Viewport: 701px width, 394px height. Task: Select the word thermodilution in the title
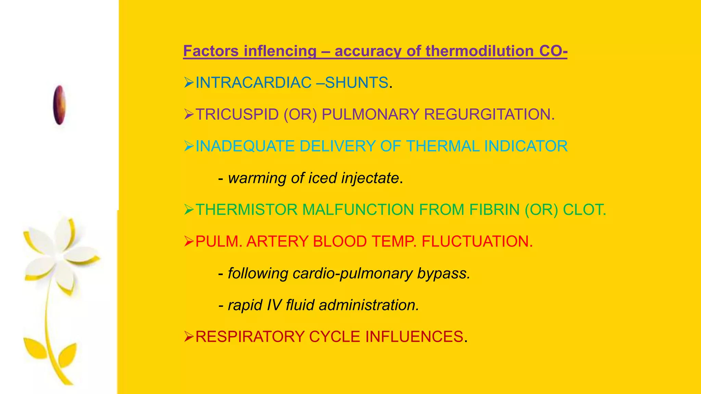[480, 51]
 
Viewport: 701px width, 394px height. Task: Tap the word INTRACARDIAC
[253, 83]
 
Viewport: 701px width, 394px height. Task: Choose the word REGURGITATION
[489, 115]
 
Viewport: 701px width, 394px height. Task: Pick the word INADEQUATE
[245, 146]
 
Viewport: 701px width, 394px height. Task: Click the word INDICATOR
[526, 146]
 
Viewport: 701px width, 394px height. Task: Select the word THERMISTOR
[246, 210]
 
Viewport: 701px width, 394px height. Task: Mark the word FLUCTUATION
[477, 241]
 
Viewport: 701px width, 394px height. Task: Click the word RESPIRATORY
[250, 337]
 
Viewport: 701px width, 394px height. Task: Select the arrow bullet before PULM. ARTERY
[189, 241]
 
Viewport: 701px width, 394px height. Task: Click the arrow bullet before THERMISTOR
[189, 210]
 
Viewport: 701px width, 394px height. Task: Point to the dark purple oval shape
[59, 105]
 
